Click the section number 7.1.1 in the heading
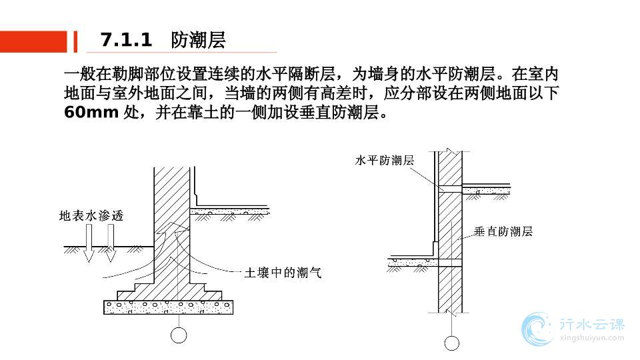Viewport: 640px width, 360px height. tap(127, 41)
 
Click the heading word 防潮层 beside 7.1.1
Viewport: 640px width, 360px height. tap(198, 41)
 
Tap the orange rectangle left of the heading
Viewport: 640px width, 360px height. tap(33, 41)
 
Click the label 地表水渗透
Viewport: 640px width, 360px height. tap(91, 216)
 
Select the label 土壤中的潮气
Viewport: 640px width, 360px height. tap(283, 273)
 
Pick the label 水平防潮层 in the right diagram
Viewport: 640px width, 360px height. tap(385, 161)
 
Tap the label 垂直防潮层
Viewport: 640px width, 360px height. tap(503, 231)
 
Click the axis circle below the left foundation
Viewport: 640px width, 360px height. tap(179, 335)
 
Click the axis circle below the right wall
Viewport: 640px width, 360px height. tap(451, 343)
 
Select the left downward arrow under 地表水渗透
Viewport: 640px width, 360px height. tap(88, 242)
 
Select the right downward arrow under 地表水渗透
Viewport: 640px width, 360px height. tap(111, 241)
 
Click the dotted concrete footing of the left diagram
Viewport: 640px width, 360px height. tap(169, 307)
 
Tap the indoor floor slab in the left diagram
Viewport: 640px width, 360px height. tap(230, 213)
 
